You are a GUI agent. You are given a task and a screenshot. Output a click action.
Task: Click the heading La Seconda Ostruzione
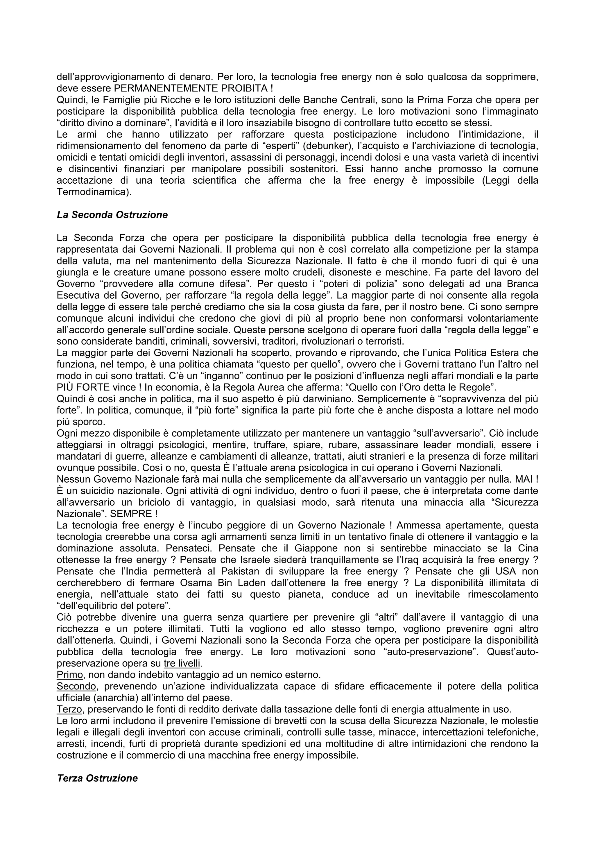coord(112,215)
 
